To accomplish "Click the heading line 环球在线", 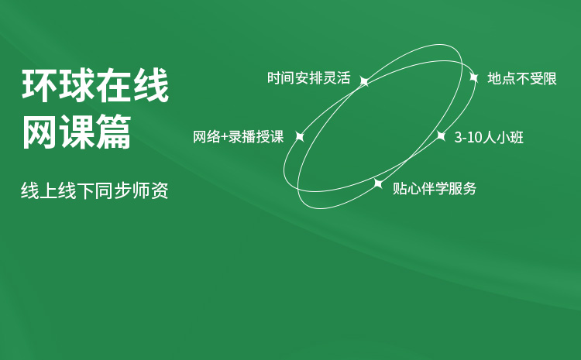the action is [x=95, y=86].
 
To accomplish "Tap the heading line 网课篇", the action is [x=77, y=132].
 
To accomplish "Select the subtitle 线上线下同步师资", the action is [x=95, y=190].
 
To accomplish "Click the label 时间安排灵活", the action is [x=308, y=78].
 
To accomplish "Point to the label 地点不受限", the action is [x=522, y=78].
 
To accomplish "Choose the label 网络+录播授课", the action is [x=239, y=137].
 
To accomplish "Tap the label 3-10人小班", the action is [x=489, y=137].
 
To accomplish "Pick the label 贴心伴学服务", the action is [x=435, y=189].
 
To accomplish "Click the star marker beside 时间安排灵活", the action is [x=365, y=81].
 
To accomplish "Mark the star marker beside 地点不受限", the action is [x=474, y=77].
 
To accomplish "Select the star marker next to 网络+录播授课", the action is [x=300, y=137].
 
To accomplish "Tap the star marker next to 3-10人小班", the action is [x=441, y=136].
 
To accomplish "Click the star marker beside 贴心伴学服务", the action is [x=378, y=183].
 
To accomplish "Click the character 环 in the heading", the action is [x=40, y=86].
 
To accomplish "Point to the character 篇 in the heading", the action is [x=114, y=132].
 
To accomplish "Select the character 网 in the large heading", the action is [x=40, y=132].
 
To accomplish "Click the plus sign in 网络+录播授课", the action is [x=224, y=137].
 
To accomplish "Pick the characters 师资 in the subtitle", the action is [x=150, y=190].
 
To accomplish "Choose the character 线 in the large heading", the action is [x=151, y=86].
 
